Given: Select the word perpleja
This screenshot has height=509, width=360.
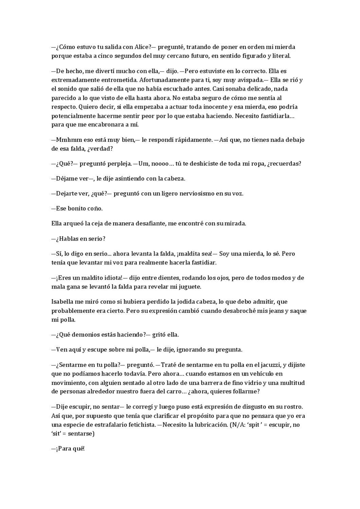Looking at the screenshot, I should [x=120, y=164].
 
